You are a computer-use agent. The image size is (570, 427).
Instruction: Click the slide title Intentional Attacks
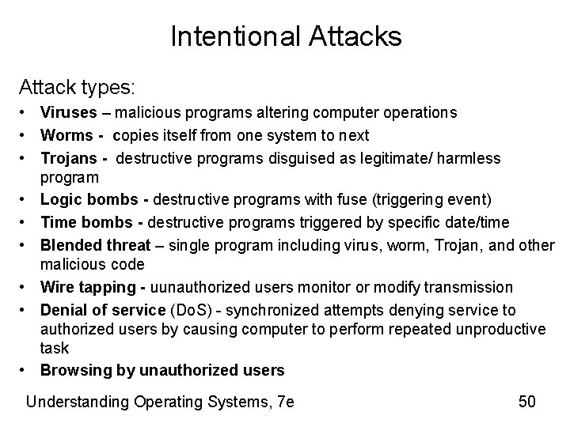[285, 36]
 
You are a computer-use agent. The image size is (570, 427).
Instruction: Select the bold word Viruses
[66, 113]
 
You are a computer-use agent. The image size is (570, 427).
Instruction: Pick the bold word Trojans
[68, 158]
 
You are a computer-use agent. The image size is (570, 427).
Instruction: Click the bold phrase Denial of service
[96, 310]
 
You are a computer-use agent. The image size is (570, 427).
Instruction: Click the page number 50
[527, 402]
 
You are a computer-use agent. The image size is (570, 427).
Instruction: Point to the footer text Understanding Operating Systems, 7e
[160, 402]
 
